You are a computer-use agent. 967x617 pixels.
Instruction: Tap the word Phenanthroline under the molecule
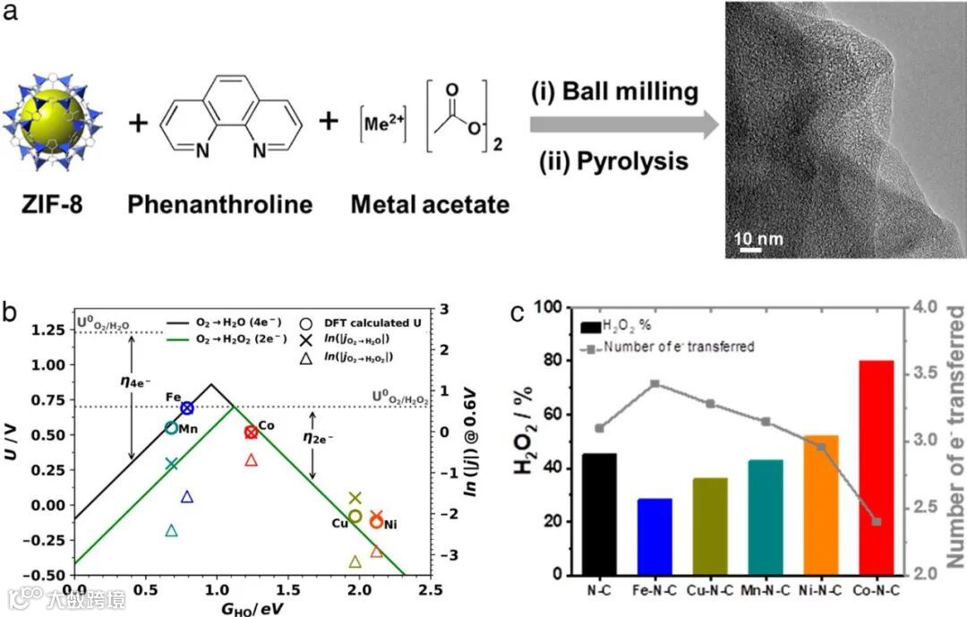(219, 204)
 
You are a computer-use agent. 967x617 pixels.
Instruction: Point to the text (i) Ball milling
(613, 91)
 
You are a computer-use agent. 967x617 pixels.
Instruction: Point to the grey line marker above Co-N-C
(877, 521)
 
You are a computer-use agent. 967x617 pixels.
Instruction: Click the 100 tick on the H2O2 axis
(557, 308)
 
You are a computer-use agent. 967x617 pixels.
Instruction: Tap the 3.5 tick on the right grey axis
(932, 374)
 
